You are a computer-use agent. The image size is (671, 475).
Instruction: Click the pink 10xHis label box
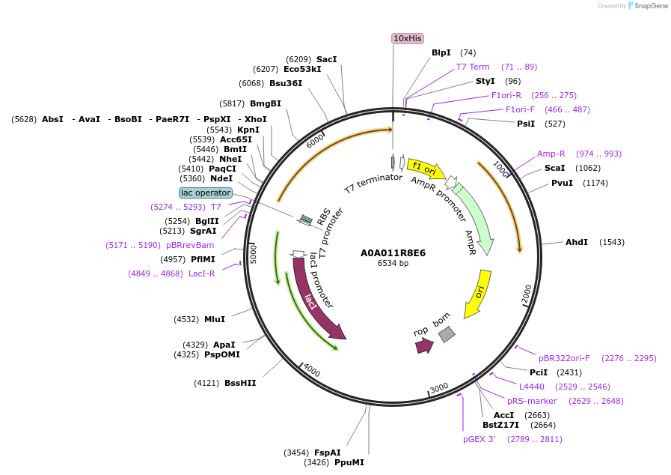408,38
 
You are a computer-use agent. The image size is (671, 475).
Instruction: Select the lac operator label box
206,193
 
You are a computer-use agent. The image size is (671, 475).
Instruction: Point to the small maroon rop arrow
424,345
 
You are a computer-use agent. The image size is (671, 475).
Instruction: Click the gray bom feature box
447,334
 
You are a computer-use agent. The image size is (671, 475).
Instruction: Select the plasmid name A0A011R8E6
393,252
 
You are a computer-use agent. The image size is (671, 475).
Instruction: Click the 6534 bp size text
393,263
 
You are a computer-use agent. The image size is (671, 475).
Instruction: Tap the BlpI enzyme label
441,52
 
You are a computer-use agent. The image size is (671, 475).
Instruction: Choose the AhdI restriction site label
577,242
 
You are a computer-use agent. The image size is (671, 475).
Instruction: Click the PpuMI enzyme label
349,462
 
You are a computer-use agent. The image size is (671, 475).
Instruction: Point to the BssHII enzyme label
240,383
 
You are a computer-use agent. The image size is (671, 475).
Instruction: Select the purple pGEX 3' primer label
479,439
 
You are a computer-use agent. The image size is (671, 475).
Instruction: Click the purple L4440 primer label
532,387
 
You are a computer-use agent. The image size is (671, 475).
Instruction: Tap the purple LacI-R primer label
201,273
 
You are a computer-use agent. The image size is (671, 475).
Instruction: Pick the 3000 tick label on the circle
439,387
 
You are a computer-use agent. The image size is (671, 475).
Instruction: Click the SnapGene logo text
649,6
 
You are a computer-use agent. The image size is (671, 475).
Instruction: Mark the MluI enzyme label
215,319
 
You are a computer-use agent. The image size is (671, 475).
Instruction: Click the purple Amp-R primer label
551,154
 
